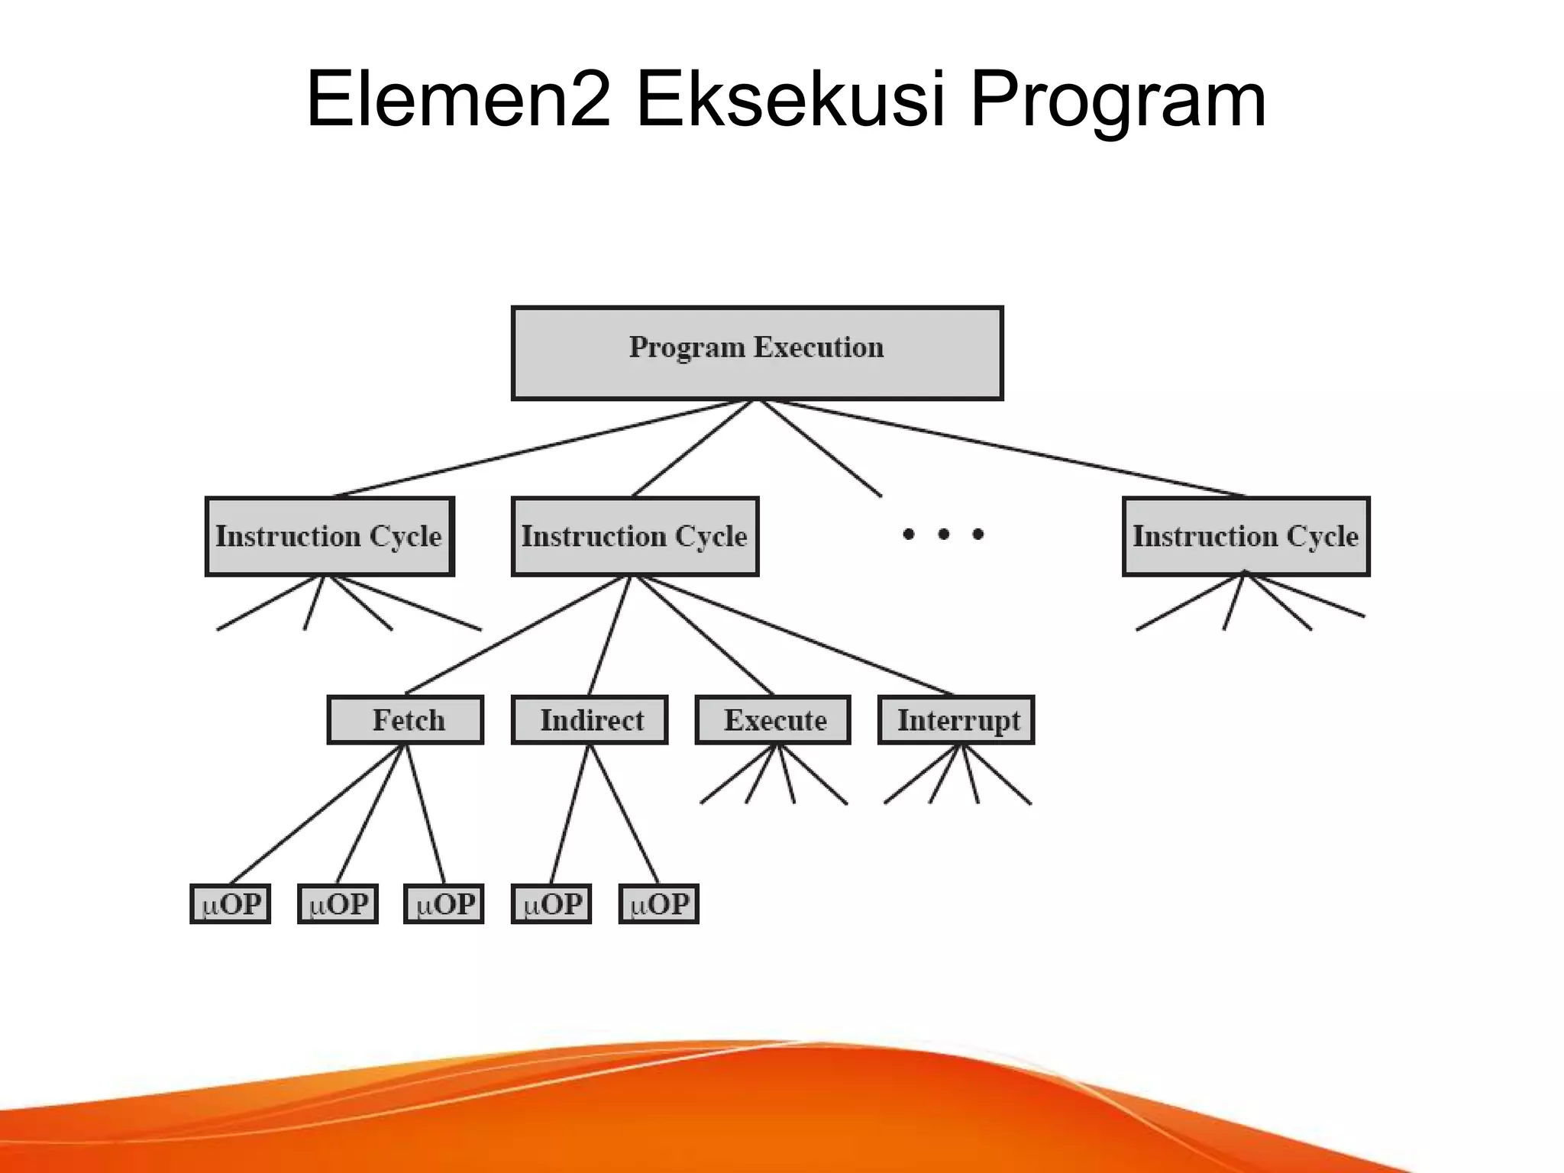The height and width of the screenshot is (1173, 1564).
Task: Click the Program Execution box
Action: pyautogui.click(x=757, y=353)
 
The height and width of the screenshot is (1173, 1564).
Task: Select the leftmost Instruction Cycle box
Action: pyautogui.click(x=329, y=536)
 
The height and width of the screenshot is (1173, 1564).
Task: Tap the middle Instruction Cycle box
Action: pyautogui.click(x=635, y=536)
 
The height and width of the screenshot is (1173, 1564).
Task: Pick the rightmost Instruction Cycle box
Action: pyautogui.click(x=1246, y=536)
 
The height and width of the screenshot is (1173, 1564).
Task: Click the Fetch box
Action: pyautogui.click(x=406, y=719)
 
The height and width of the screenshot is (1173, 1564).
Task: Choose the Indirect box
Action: pyautogui.click(x=590, y=719)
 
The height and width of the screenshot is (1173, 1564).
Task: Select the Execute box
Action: pyautogui.click(x=773, y=719)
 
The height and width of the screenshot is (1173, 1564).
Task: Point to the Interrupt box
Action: pyautogui.click(x=956, y=719)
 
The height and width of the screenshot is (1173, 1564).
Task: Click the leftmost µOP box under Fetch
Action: pyautogui.click(x=230, y=904)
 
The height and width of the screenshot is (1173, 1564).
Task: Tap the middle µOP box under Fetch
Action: pyautogui.click(x=338, y=904)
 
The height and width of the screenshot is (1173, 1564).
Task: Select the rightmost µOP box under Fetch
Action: pyautogui.click(x=444, y=904)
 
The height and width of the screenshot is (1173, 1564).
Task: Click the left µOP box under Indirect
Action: pyautogui.click(x=551, y=904)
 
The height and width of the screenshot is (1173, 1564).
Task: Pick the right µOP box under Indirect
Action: pyautogui.click(x=658, y=904)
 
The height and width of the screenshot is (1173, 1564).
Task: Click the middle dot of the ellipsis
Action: pyautogui.click(x=944, y=534)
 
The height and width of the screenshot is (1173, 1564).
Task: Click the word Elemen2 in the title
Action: pyautogui.click(x=458, y=99)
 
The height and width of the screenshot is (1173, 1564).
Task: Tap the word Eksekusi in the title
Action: pyautogui.click(x=790, y=99)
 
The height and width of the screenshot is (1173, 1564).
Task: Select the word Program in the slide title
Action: pyautogui.click(x=1118, y=99)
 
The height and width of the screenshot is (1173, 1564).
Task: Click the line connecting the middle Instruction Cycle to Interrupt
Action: pyautogui.click(x=794, y=635)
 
